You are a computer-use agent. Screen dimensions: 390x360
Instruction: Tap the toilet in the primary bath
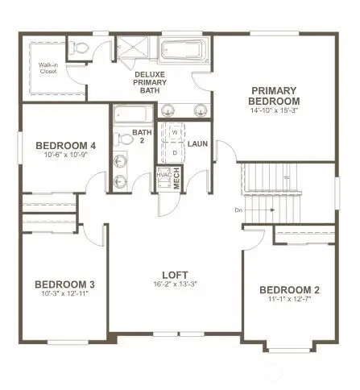pos(78,49)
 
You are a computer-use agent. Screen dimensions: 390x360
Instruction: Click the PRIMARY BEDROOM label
pos(275,95)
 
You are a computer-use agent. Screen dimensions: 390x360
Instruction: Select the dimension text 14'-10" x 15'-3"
pos(275,110)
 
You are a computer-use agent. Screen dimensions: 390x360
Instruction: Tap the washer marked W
pos(175,134)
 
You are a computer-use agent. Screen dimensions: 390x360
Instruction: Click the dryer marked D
pos(175,151)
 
